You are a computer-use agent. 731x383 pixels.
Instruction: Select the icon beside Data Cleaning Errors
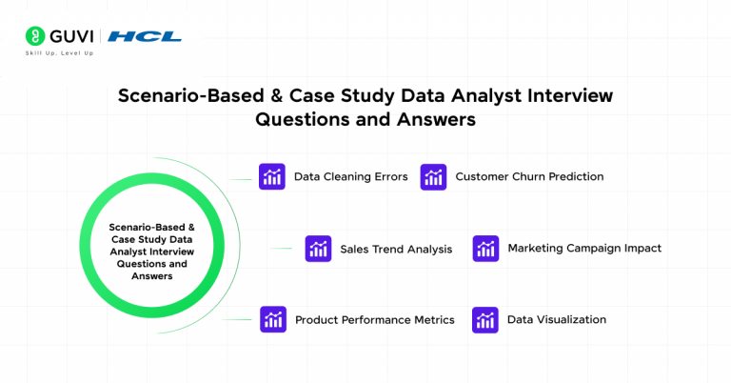click(x=272, y=176)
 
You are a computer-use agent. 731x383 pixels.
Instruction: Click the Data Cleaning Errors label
click(x=350, y=176)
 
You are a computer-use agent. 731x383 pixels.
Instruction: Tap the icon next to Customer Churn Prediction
click(x=433, y=176)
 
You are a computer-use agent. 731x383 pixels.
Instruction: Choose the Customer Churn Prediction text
click(x=529, y=176)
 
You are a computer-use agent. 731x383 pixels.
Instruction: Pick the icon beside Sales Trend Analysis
click(x=318, y=249)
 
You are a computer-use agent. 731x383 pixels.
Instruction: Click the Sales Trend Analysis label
click(x=396, y=249)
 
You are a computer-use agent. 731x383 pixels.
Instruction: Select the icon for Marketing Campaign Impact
click(x=485, y=249)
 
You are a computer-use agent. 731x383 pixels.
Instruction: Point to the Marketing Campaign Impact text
click(x=583, y=248)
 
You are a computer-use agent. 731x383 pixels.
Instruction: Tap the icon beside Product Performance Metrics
click(x=273, y=320)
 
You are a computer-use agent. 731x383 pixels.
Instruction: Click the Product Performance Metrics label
click(x=374, y=320)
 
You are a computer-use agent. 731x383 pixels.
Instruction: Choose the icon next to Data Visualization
click(x=485, y=320)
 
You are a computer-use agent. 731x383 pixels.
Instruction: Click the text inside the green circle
click(x=151, y=252)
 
